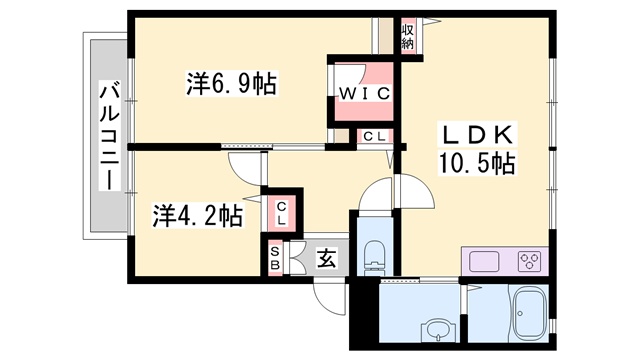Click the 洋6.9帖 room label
[231, 83]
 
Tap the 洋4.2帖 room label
[197, 215]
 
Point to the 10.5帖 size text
[475, 164]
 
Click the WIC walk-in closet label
[363, 95]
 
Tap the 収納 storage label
[408, 37]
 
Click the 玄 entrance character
[326, 258]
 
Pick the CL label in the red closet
[282, 211]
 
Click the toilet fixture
[374, 257]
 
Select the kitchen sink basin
[485, 262]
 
